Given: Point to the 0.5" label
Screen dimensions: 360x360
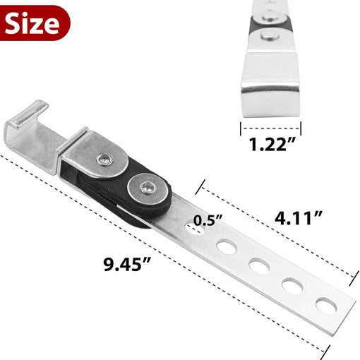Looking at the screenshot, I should [x=210, y=219].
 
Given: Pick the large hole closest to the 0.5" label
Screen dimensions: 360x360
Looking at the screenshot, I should [x=227, y=247].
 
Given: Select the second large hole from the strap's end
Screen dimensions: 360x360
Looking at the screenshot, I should [x=292, y=286].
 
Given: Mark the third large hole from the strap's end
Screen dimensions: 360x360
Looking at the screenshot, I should [x=258, y=266].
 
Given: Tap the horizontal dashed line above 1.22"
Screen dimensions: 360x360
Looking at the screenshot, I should [x=270, y=128].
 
